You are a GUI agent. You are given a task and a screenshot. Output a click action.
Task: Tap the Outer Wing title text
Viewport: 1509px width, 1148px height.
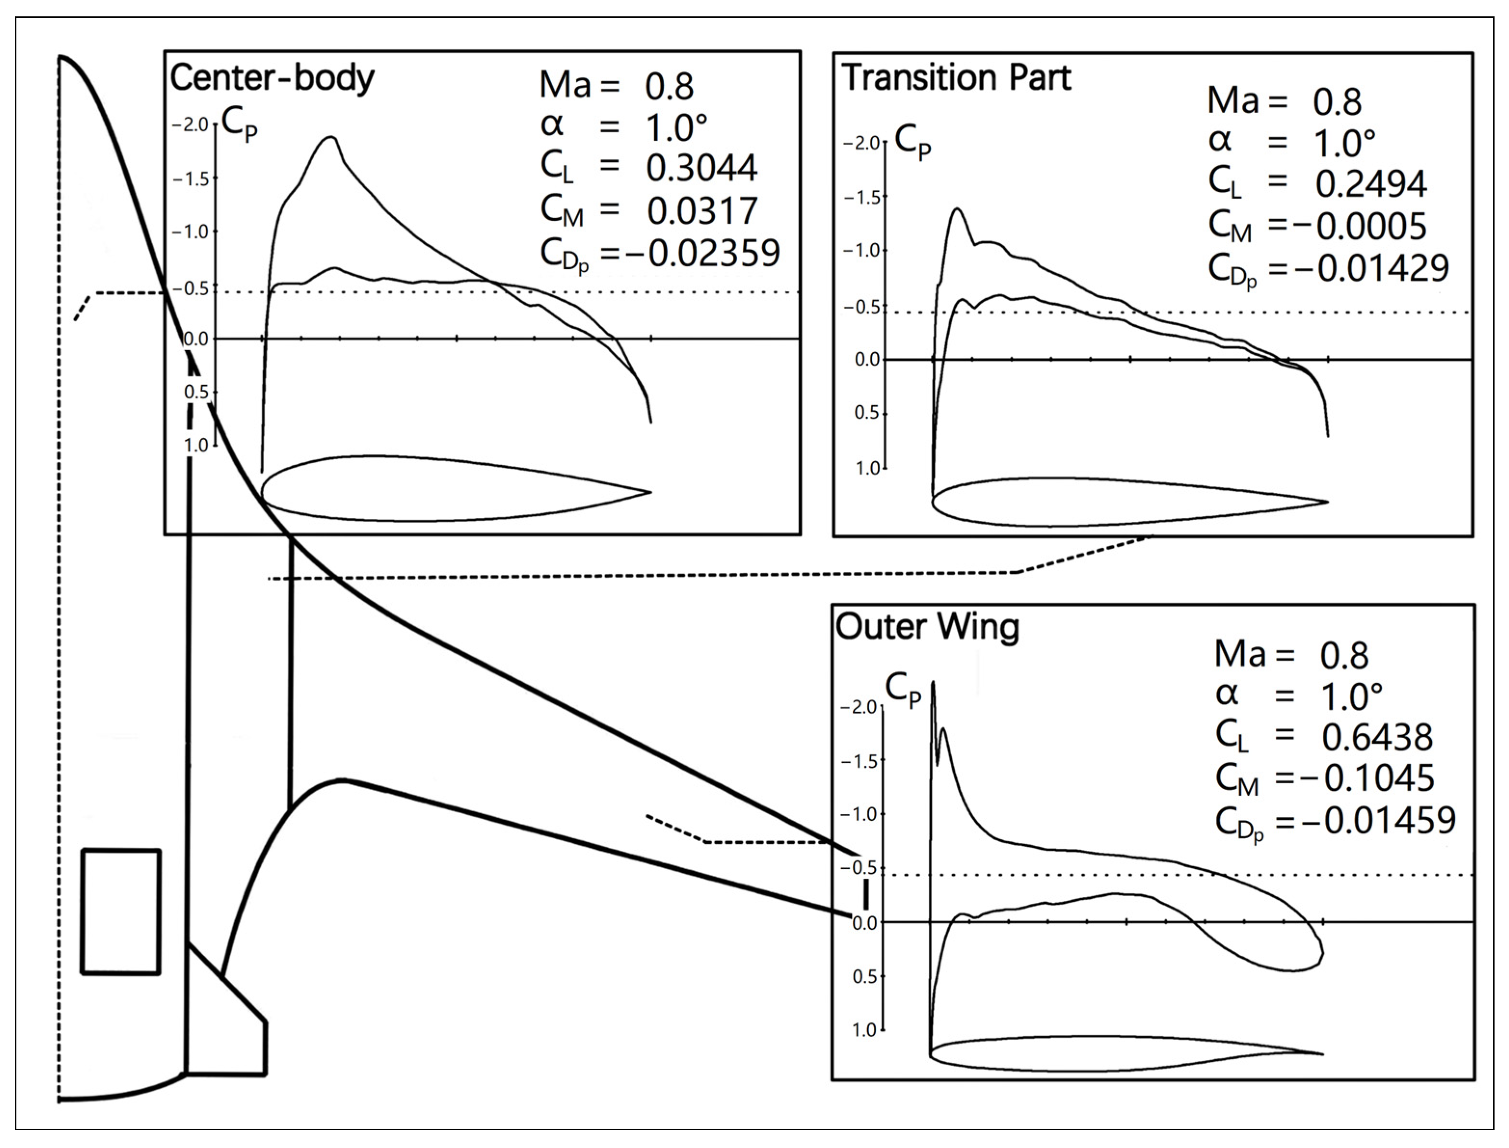click(926, 627)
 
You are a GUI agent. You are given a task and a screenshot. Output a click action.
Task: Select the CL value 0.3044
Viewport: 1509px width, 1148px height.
click(701, 168)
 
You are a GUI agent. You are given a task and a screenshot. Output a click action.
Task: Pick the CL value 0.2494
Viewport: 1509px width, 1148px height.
click(1370, 185)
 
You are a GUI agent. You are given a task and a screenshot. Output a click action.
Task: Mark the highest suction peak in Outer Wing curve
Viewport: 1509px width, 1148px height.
click(933, 682)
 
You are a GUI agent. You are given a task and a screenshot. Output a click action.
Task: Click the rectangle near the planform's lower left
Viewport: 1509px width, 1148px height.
click(121, 911)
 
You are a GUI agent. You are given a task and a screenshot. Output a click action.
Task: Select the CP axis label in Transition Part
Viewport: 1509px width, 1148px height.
click(912, 142)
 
